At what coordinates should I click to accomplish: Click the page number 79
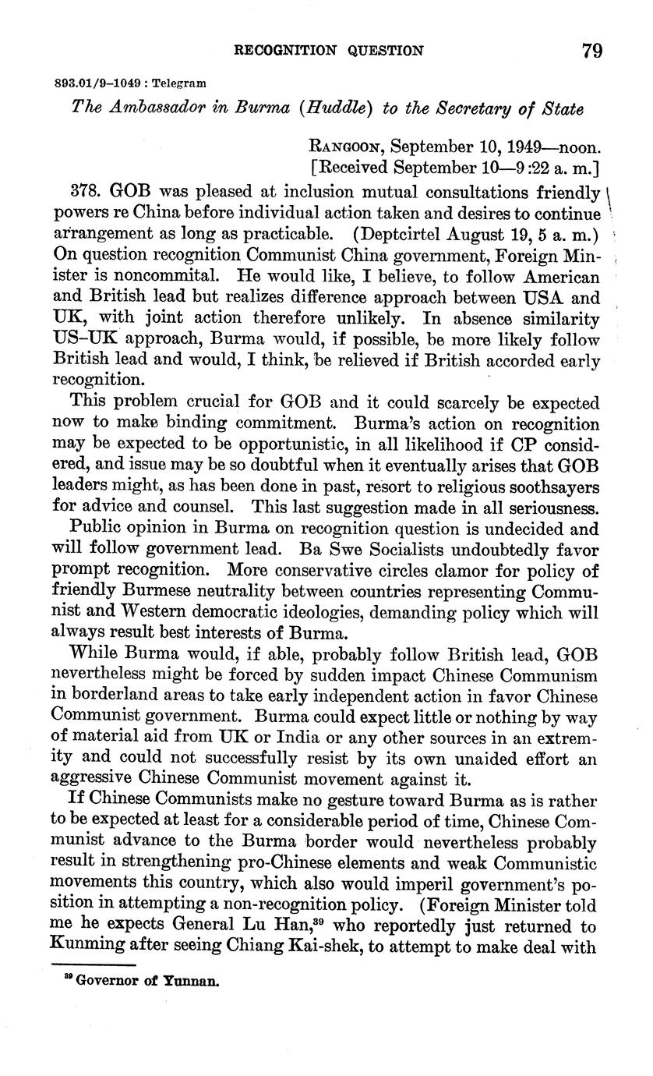click(591, 51)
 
